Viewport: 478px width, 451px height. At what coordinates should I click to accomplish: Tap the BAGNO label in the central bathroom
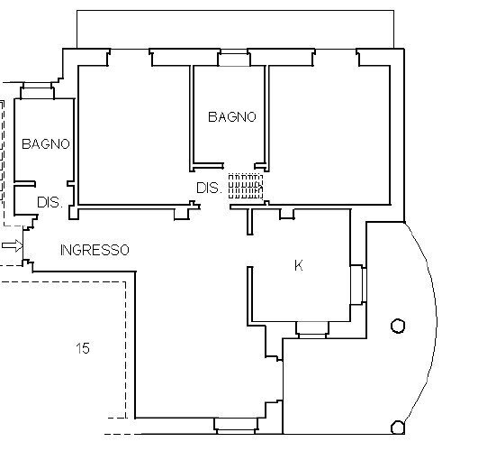[232, 116]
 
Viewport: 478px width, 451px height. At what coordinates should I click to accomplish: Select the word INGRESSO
[95, 249]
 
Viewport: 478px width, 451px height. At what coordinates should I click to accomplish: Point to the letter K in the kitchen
[298, 265]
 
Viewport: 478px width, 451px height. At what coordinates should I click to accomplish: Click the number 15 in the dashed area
[83, 347]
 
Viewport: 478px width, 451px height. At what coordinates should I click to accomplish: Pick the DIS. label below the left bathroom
[49, 203]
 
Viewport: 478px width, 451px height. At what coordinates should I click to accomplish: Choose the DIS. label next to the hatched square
[209, 188]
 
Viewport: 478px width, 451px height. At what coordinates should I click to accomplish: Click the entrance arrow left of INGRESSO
[11, 245]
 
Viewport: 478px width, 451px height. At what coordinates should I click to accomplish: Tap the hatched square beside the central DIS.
[244, 185]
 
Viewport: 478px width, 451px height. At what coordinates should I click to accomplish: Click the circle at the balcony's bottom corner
[398, 427]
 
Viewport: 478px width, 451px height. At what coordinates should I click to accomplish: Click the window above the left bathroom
[37, 89]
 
